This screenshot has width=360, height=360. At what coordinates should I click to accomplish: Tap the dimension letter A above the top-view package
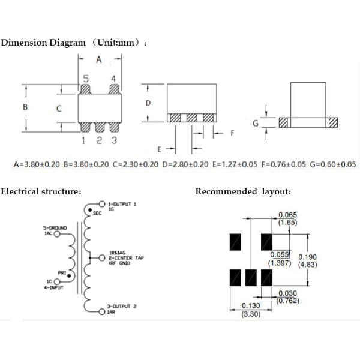click(100, 59)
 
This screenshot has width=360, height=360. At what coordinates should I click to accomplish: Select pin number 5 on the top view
click(86, 79)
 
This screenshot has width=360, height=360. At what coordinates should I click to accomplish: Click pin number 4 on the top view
click(113, 79)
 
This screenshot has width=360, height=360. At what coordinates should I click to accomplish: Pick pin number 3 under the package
click(113, 140)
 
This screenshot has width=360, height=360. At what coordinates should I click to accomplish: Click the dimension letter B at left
click(25, 107)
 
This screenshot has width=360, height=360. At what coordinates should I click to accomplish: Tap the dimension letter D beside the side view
click(148, 103)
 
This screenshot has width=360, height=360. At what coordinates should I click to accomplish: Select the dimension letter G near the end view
click(256, 123)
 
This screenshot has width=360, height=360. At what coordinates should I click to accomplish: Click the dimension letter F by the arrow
click(232, 133)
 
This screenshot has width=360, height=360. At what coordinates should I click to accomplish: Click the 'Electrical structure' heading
click(41, 191)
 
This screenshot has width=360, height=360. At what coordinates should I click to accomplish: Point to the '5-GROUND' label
click(55, 229)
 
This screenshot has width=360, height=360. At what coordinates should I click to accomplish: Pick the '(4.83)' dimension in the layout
click(308, 264)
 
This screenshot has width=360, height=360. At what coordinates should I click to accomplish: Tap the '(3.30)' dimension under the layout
click(251, 314)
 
